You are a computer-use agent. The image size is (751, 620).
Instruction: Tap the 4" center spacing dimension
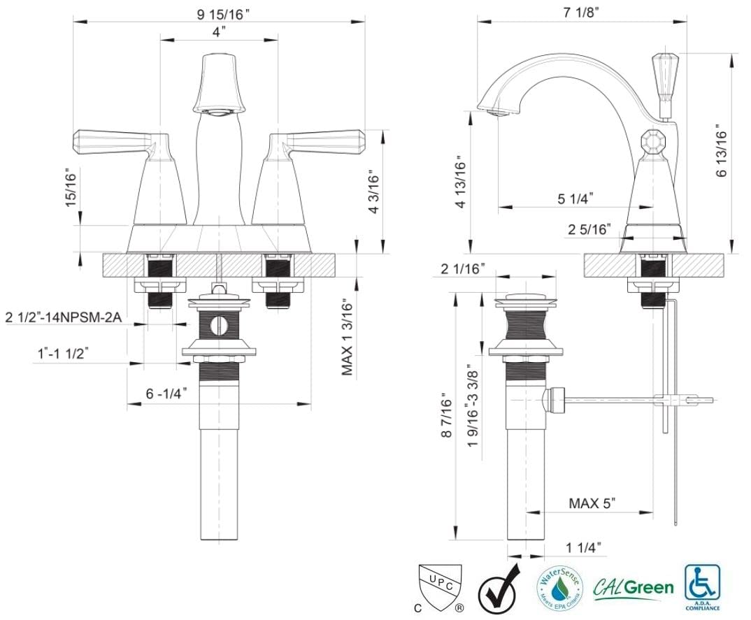point(219,32)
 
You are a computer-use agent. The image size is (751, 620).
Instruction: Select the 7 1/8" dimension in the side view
point(581,13)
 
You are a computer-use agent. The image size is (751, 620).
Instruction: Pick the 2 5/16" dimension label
point(589,229)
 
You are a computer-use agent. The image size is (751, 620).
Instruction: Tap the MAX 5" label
point(592,503)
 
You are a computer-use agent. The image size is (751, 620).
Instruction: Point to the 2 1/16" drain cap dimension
point(463,270)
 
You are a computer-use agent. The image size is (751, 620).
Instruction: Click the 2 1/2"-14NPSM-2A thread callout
point(64,317)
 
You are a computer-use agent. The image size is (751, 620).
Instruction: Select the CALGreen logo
point(634,586)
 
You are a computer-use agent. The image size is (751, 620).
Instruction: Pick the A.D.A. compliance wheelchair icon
point(703,582)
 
